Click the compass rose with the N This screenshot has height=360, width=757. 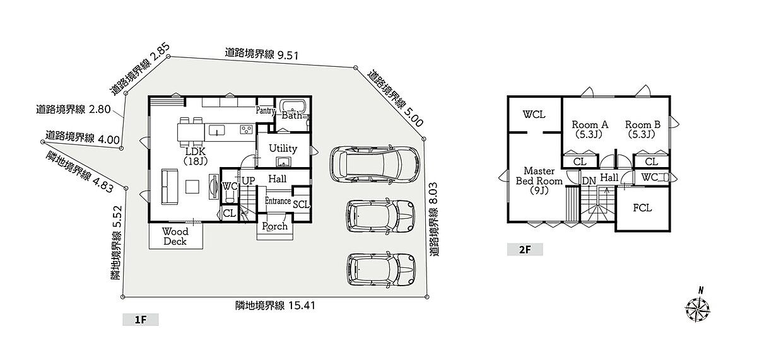coord(698,308)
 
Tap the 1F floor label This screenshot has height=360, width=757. coord(141,320)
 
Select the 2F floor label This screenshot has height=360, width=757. coord(525,250)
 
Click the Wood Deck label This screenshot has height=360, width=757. coord(175,236)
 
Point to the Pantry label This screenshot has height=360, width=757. coord(266,110)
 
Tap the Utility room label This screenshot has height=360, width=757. coord(283,148)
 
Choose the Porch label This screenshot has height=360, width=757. coord(274,226)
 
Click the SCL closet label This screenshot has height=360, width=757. coord(301,204)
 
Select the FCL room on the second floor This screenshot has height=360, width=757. coord(642,208)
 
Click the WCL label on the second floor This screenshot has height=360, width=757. coord(534,115)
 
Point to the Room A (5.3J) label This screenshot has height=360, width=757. coord(590,129)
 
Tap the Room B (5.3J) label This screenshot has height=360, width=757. coord(642,129)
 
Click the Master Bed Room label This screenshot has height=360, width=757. coord(539,181)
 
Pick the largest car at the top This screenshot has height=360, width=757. coord(375,165)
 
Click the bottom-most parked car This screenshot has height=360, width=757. coord(381,270)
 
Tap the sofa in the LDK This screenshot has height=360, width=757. coord(169,187)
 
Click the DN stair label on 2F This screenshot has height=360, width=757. coord(589,181)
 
